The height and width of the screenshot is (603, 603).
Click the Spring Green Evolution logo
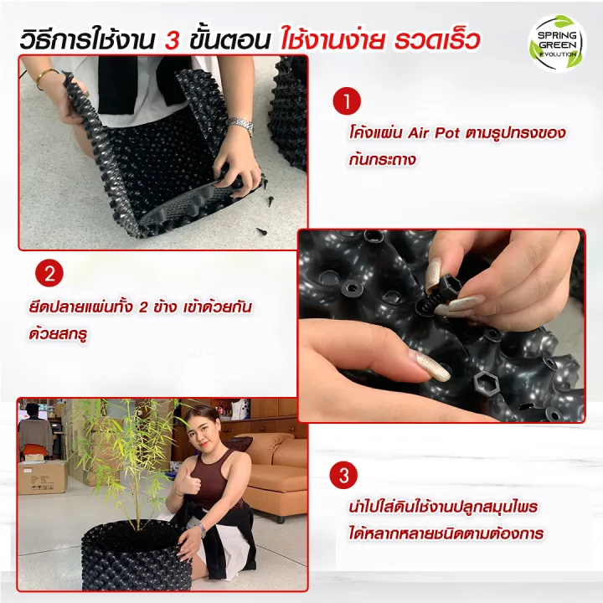click(x=557, y=43)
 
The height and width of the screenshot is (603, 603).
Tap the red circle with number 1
click(x=346, y=103)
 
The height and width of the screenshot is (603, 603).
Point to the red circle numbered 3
click(x=343, y=477)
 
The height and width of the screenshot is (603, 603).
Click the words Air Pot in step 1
click(x=435, y=133)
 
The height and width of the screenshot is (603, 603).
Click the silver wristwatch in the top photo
click(x=240, y=126)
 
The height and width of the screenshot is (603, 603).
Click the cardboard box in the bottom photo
click(x=42, y=477)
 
